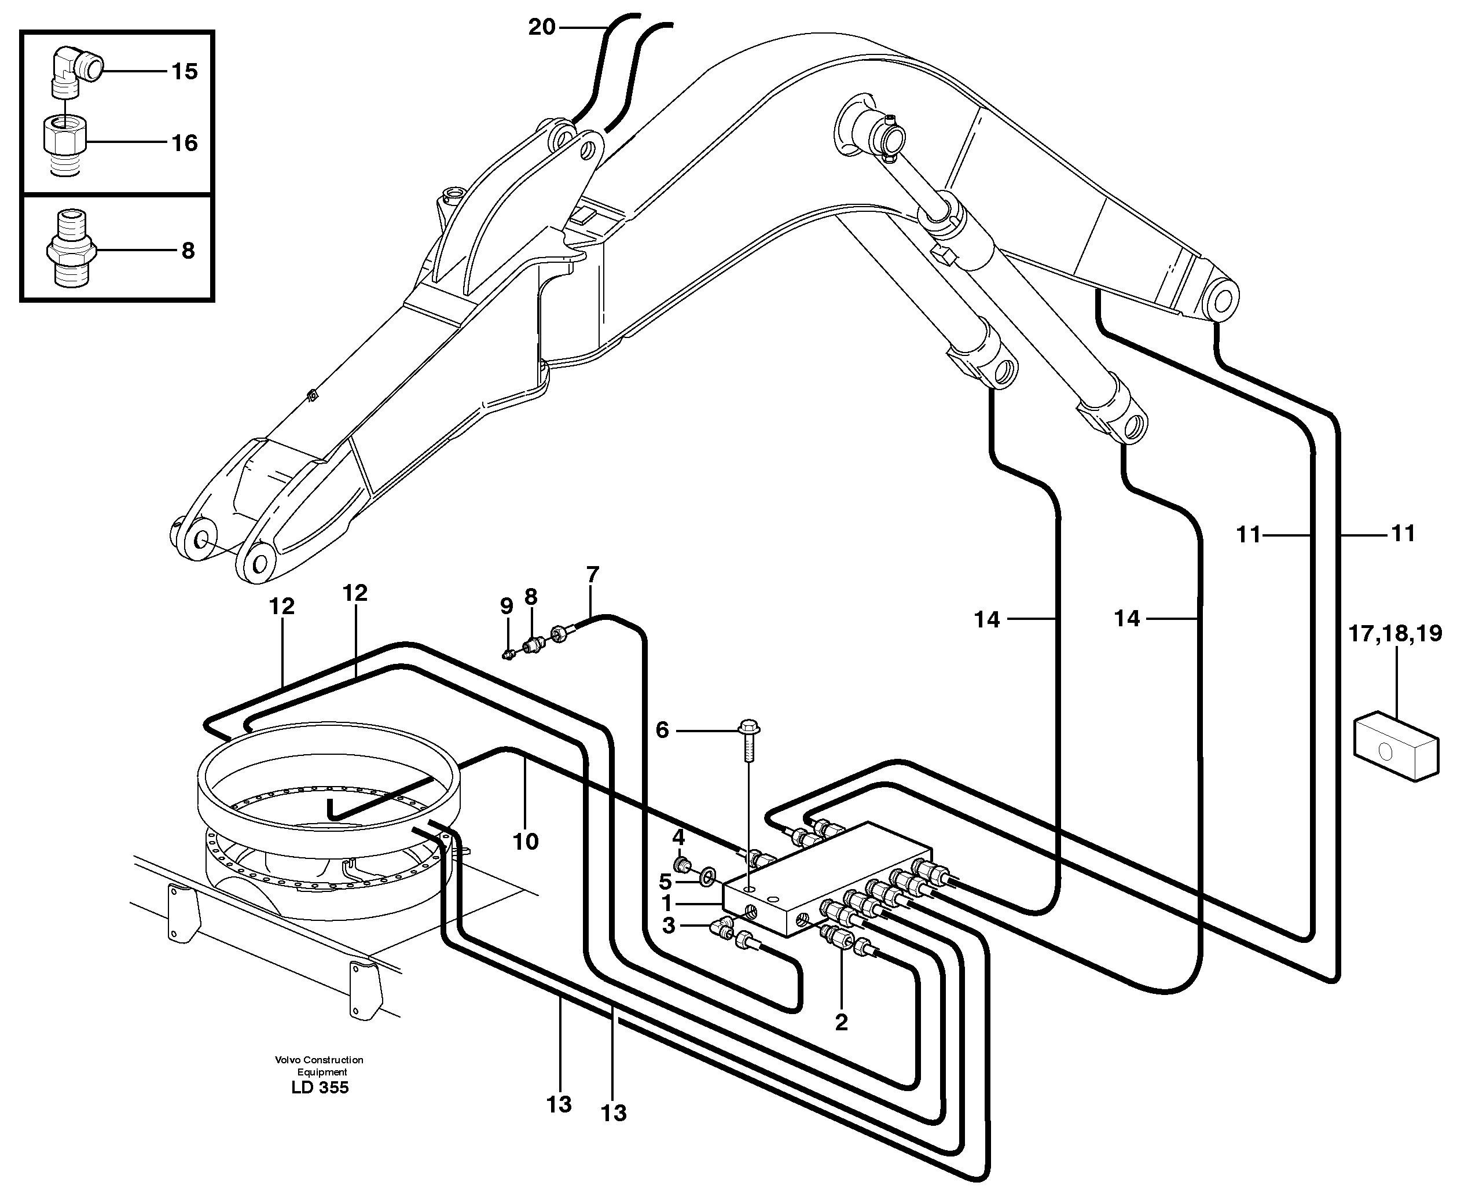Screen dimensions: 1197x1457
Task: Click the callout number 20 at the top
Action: click(x=541, y=28)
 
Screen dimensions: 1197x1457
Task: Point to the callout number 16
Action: click(x=184, y=143)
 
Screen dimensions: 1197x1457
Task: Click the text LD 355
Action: click(x=320, y=1088)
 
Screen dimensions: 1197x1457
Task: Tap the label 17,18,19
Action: click(x=1395, y=633)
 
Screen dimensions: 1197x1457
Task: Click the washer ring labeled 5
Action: click(x=707, y=877)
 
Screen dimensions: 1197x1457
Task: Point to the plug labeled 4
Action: click(x=681, y=865)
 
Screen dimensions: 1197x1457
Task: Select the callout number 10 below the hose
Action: click(x=526, y=841)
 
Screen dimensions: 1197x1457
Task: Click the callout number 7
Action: click(x=592, y=574)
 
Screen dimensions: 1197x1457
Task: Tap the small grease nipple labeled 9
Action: click(x=508, y=653)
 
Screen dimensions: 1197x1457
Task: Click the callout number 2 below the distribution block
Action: click(x=841, y=1022)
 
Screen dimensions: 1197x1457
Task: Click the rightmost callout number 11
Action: click(x=1403, y=533)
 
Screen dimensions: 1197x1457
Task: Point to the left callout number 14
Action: click(x=987, y=619)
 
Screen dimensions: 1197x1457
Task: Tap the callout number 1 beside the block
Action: click(x=667, y=902)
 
